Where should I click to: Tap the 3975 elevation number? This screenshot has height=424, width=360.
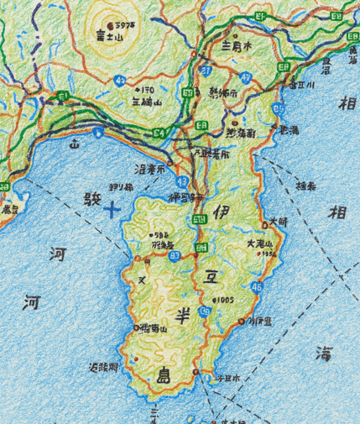(127, 27)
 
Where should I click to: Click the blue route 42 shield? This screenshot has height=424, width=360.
(122, 81)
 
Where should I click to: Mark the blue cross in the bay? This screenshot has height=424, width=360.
(112, 209)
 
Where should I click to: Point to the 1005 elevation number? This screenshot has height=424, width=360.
(224, 300)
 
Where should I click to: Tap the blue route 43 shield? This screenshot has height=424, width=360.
(182, 182)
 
